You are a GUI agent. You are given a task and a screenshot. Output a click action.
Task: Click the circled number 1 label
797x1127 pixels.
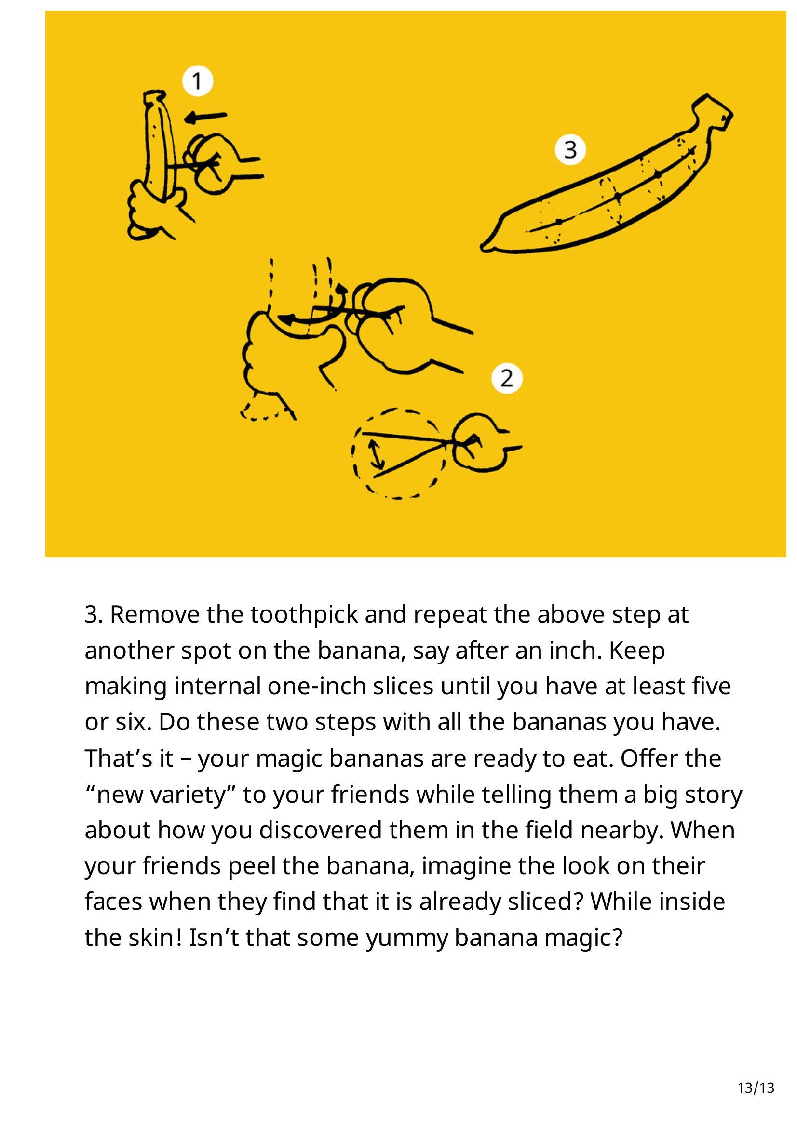197,81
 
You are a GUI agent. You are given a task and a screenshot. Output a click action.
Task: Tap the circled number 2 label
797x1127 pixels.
507,378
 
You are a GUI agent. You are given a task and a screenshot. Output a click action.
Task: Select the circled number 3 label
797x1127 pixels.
570,150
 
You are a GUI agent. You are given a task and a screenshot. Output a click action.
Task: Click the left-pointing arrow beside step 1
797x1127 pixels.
205,117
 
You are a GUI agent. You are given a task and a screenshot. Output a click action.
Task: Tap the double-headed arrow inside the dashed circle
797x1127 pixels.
376,454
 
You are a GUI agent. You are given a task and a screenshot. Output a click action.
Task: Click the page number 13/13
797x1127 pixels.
756,1088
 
